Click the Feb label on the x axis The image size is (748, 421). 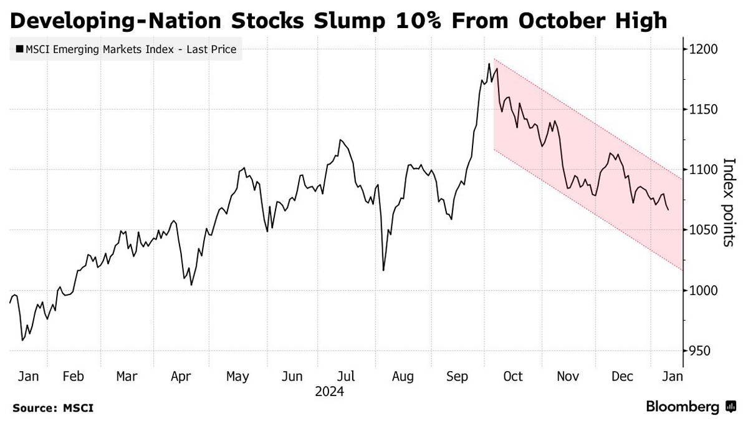pyautogui.click(x=74, y=377)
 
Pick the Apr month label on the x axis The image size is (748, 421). pyautogui.click(x=181, y=377)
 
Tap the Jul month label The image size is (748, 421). pyautogui.click(x=346, y=377)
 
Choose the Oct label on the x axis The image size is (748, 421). pyautogui.click(x=512, y=377)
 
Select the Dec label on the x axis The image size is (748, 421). pyautogui.click(x=622, y=377)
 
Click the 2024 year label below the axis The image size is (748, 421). pyautogui.click(x=329, y=392)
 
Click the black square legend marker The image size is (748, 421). pyautogui.click(x=19, y=49)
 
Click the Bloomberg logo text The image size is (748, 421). pyautogui.click(x=683, y=407)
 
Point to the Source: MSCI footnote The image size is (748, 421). pyautogui.click(x=53, y=408)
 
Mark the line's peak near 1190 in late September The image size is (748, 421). pyautogui.click(x=489, y=64)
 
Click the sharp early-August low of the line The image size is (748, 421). pyautogui.click(x=383, y=270)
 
